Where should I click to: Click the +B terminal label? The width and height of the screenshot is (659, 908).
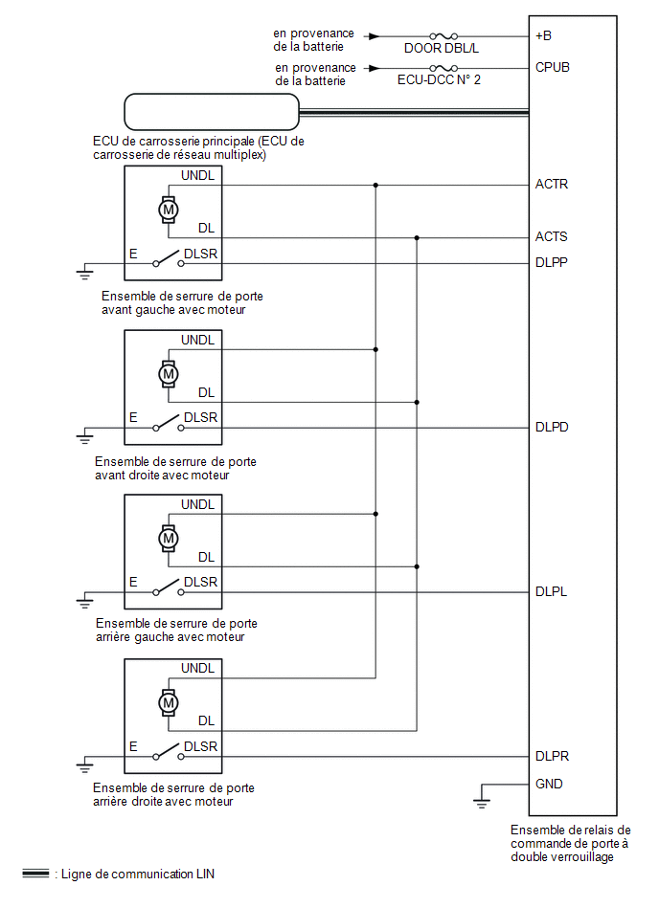544,36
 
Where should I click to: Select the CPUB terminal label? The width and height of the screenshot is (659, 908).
553,68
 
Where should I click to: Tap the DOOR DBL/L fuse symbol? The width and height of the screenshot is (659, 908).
443,36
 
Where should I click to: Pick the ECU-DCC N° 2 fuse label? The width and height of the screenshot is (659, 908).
439,80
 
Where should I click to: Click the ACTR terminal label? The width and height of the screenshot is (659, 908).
552,184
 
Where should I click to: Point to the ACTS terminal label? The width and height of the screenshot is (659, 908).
552,236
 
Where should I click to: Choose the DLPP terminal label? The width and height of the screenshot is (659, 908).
552,263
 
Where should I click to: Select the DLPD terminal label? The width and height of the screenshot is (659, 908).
552,427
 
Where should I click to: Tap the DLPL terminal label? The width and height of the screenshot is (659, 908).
551,591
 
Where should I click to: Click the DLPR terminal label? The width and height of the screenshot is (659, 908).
552,756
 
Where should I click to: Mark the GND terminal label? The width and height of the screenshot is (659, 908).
550,785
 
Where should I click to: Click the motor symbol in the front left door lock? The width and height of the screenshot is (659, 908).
169,208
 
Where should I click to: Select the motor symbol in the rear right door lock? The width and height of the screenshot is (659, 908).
169,702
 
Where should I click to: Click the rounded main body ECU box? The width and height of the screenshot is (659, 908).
212,113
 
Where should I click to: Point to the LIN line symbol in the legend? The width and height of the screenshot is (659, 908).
35,874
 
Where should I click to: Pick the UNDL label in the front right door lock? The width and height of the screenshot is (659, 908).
198,340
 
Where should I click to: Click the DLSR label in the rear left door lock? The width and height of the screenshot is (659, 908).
200,582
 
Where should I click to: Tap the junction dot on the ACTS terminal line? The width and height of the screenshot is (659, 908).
417,237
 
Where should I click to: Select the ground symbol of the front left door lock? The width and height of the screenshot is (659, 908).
85,274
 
